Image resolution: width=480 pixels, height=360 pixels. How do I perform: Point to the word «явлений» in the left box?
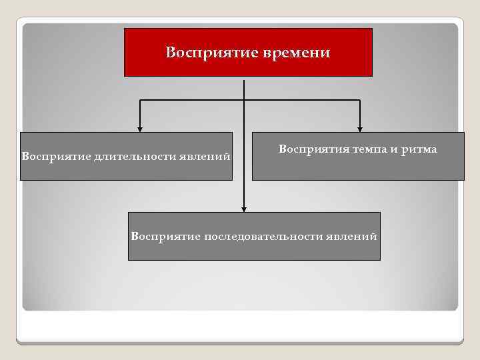pyautogui.click(x=206, y=157)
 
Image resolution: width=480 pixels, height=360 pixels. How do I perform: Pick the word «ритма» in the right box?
pyautogui.click(x=419, y=149)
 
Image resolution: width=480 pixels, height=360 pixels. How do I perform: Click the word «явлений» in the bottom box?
pyautogui.click(x=352, y=237)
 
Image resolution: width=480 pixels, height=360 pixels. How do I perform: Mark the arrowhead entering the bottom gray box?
pyautogui.click(x=245, y=208)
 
